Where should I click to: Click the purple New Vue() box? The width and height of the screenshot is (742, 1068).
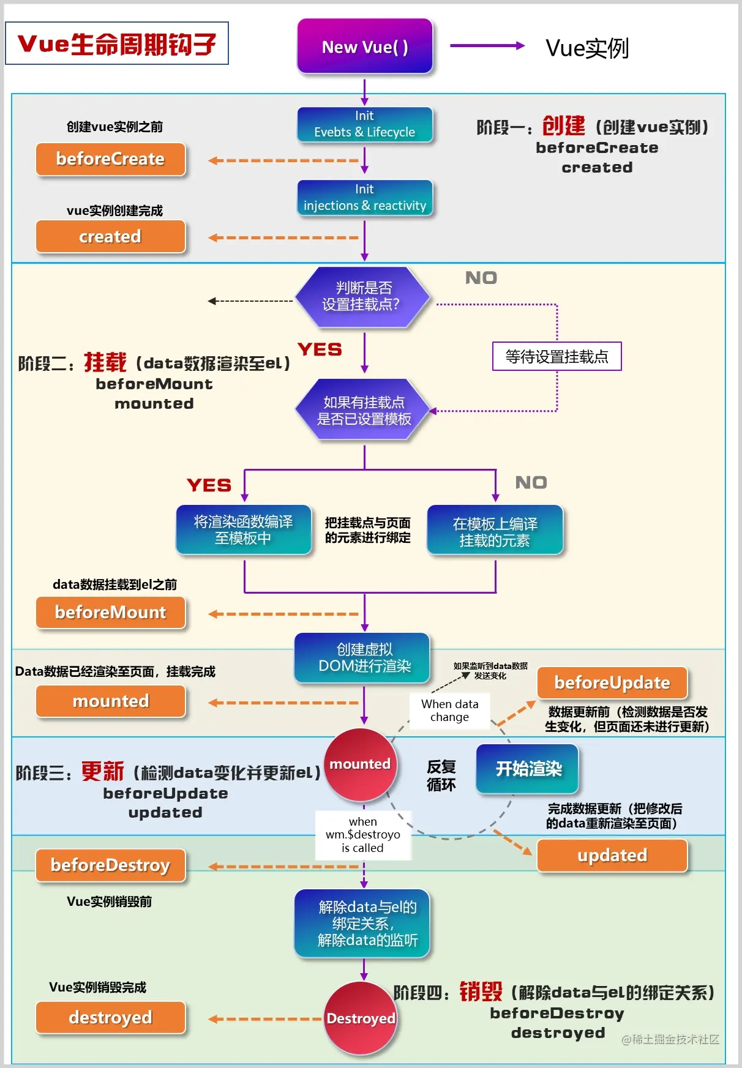tap(365, 47)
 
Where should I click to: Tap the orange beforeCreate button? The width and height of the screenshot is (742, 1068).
tap(110, 159)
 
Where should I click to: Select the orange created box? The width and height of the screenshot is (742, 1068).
tap(110, 237)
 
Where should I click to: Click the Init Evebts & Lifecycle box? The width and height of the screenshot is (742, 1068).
tap(365, 124)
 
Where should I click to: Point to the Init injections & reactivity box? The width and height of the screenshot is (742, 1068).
tap(365, 198)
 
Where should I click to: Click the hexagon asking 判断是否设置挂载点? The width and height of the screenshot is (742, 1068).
tap(362, 297)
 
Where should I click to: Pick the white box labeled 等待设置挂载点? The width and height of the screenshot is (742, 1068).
tap(556, 356)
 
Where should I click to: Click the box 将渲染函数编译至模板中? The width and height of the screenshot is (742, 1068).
tap(244, 529)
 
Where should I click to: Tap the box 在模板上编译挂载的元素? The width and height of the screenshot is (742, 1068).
tap(495, 531)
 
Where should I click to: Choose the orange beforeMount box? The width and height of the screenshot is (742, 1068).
tap(110, 613)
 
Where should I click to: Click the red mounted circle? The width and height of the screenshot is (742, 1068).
tap(361, 764)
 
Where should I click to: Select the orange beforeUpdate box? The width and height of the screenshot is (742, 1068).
tap(612, 683)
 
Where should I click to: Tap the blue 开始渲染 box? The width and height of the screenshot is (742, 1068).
tap(528, 769)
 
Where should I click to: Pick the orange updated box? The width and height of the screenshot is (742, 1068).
tap(612, 856)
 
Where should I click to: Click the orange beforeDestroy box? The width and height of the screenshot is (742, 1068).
tap(110, 865)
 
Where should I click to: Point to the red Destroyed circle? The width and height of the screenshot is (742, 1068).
tap(361, 1018)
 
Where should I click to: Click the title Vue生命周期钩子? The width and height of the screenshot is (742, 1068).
tap(117, 43)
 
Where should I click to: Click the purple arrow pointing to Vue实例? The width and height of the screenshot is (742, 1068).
tap(487, 46)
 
